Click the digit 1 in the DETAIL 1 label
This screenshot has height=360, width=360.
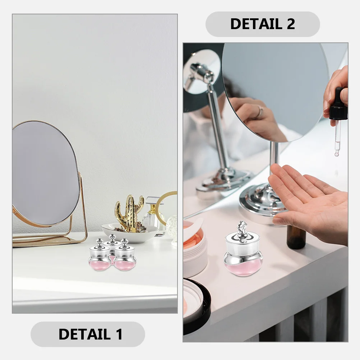[x=118, y=334]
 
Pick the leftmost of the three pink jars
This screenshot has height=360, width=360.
[x=100, y=257]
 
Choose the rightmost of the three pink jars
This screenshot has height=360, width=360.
[x=125, y=257]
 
